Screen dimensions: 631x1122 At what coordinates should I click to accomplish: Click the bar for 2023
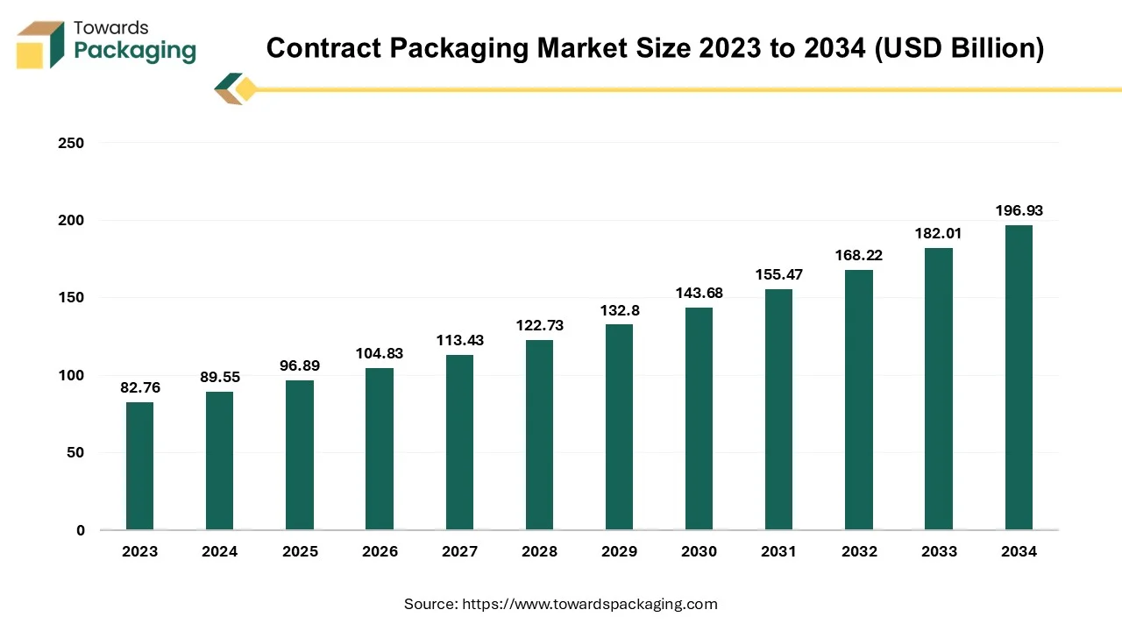[139, 465]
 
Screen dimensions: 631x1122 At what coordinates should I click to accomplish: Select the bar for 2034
[1019, 377]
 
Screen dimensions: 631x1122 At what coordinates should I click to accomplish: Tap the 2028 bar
[539, 435]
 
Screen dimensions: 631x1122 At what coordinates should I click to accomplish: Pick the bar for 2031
[778, 409]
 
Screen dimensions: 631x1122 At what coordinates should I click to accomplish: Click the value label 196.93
[1019, 210]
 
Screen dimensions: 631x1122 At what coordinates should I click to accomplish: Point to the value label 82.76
[139, 387]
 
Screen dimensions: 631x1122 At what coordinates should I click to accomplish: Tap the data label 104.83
[380, 353]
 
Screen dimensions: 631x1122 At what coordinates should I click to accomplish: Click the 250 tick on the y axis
[73, 142]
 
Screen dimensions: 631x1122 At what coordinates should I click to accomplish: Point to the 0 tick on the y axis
[80, 530]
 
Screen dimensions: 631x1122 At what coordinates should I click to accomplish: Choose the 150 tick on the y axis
[73, 297]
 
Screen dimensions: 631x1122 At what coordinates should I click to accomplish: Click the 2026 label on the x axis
[380, 551]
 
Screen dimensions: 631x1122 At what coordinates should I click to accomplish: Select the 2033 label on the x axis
[939, 551]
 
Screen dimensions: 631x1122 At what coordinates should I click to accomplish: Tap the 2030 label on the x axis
[699, 551]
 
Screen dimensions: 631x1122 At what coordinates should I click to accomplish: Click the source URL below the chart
[590, 604]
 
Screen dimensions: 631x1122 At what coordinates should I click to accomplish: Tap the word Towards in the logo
[111, 28]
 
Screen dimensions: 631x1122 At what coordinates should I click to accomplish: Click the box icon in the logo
[40, 45]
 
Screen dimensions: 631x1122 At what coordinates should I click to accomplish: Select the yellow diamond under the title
[246, 89]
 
